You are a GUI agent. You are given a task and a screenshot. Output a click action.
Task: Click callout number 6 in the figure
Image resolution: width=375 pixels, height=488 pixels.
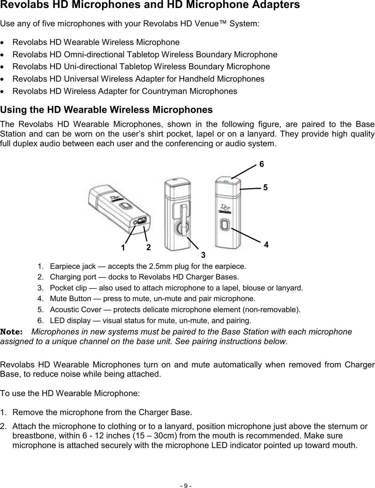tap(262, 164)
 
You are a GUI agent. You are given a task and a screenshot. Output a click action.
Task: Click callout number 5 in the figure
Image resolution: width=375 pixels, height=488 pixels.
tap(265, 188)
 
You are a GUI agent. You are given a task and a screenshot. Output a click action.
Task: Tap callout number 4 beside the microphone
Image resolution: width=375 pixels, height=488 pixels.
tap(266, 245)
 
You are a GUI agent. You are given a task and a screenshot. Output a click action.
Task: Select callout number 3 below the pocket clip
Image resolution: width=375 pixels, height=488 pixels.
tap(203, 255)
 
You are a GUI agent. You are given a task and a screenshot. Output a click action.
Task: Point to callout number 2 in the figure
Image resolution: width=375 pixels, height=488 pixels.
tap(148, 247)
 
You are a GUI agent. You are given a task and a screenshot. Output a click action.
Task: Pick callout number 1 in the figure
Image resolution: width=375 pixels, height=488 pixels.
tap(123, 248)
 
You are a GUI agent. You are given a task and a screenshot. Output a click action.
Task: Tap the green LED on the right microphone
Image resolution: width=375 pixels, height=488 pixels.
tap(226, 182)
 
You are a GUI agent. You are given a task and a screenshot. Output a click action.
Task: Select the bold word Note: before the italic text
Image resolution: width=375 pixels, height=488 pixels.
tap(12, 332)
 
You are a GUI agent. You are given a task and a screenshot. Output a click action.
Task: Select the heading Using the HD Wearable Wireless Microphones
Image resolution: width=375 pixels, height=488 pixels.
tap(106, 110)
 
